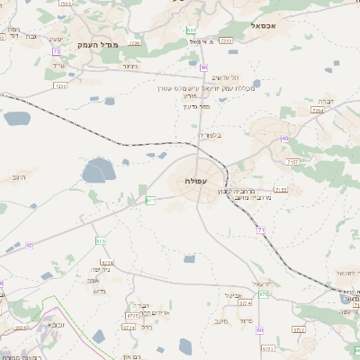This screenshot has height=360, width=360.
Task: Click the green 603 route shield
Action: pos(192,31)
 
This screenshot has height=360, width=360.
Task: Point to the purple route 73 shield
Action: pos(204,67)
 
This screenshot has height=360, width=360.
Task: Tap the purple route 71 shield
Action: pos(261,231)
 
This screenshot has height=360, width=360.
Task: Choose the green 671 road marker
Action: pos(150,199)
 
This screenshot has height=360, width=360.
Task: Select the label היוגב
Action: pos(20,177)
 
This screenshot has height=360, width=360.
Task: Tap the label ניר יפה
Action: pos(100,269)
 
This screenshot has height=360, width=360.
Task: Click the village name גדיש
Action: pos(100,292)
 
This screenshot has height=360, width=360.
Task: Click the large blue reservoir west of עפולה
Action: pos(99,170)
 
